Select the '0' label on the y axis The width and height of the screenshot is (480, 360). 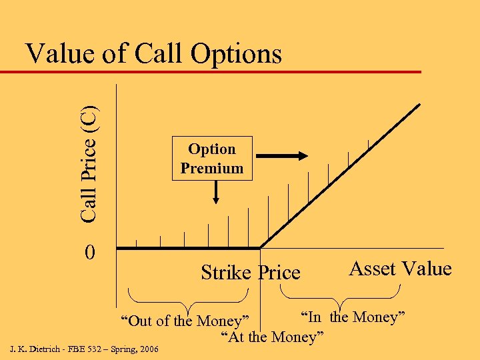[91, 253]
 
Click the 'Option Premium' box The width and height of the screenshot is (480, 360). [212, 159]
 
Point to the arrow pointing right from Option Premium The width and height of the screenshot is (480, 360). [282, 156]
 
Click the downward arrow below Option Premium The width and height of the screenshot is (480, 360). [216, 193]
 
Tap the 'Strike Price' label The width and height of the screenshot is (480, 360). [251, 272]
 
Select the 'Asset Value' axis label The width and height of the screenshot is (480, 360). [401, 268]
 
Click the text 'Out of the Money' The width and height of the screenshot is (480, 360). [185, 321]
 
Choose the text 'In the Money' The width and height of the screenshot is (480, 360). [353, 316]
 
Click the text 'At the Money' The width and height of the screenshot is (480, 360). [272, 337]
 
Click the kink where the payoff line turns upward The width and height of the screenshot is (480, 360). [260, 247]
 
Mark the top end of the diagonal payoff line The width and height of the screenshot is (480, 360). [419, 105]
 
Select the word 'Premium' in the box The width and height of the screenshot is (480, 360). [212, 168]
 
